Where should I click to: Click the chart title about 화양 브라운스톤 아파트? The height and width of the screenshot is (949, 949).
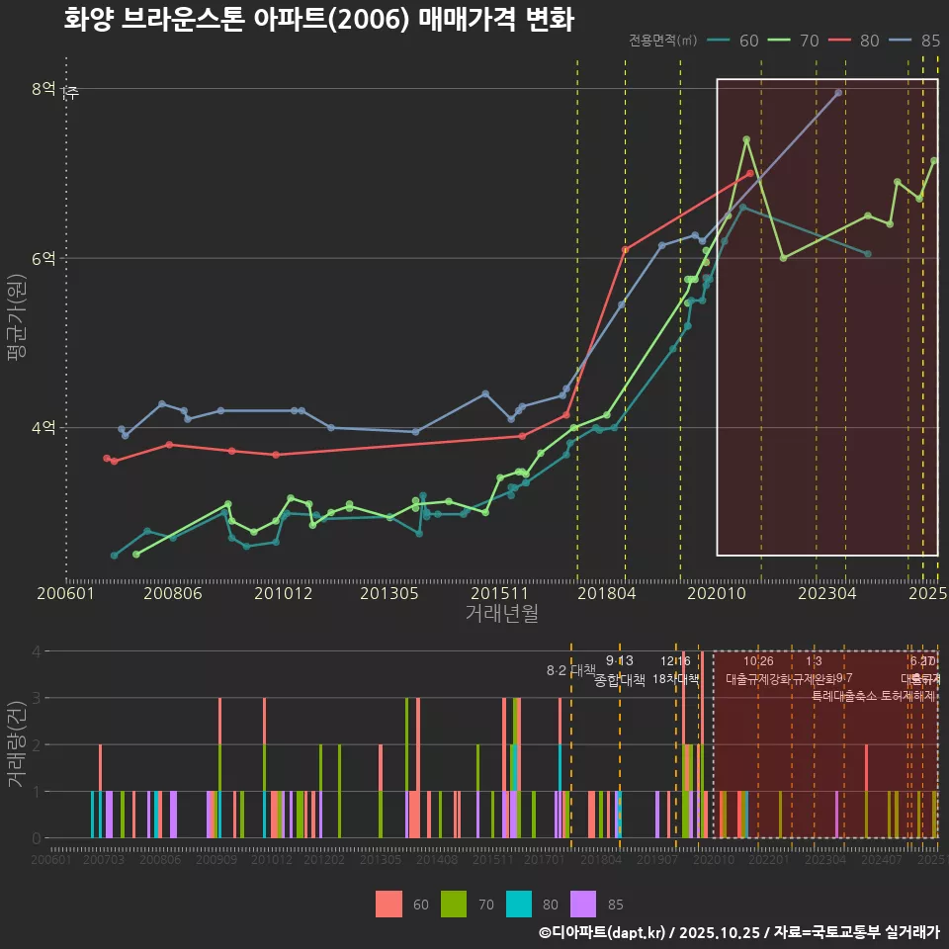[318, 20]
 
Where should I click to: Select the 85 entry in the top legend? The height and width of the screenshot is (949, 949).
[929, 41]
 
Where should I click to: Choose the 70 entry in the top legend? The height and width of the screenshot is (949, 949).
[809, 41]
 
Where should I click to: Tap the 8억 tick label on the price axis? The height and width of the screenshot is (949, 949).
[43, 89]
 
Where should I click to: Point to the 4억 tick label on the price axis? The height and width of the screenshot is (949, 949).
[43, 428]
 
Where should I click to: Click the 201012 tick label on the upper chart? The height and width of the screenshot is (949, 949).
[283, 594]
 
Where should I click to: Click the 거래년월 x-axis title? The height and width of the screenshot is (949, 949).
[501, 614]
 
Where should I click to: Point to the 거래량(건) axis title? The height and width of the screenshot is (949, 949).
[17, 744]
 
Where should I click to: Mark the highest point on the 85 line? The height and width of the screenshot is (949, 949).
[838, 93]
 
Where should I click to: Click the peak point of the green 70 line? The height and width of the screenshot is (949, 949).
[746, 139]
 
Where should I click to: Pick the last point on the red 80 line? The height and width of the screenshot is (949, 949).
[750, 173]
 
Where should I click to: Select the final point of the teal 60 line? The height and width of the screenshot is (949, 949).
[868, 254]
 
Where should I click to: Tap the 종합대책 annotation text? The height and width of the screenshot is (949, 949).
[620, 679]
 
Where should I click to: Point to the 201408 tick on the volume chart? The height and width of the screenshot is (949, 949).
[436, 860]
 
